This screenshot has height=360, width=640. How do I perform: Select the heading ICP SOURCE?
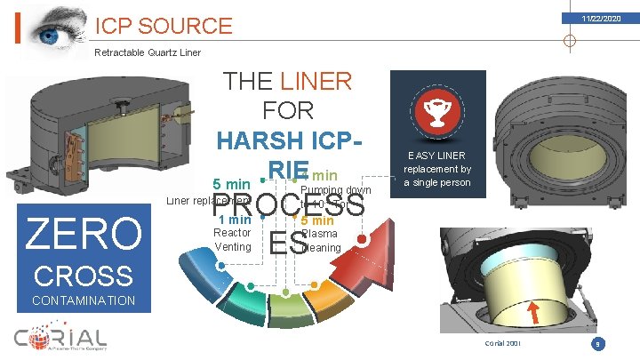pyautogui.click(x=164, y=26)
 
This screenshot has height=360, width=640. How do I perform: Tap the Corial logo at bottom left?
pyautogui.click(x=60, y=339)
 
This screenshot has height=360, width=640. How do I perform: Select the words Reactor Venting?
pyautogui.click(x=233, y=239)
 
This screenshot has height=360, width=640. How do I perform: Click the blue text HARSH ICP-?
pyautogui.click(x=290, y=141)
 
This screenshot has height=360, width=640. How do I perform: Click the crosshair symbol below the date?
pyautogui.click(x=569, y=41)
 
